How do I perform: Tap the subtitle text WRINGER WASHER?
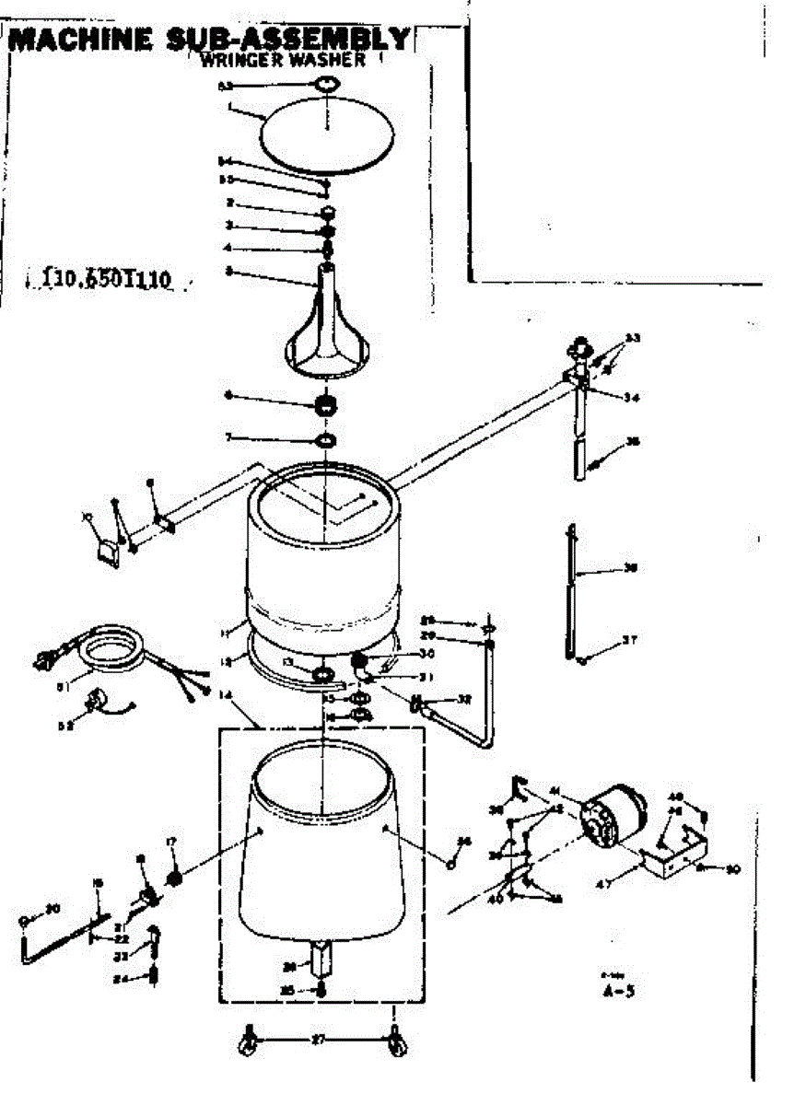tap(283, 62)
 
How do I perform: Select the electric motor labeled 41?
tap(613, 820)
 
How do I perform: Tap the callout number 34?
tap(629, 398)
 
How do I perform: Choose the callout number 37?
tap(629, 640)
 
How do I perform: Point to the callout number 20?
tap(53, 909)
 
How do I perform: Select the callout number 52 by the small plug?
tap(63, 725)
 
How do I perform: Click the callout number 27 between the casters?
tap(319, 1040)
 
